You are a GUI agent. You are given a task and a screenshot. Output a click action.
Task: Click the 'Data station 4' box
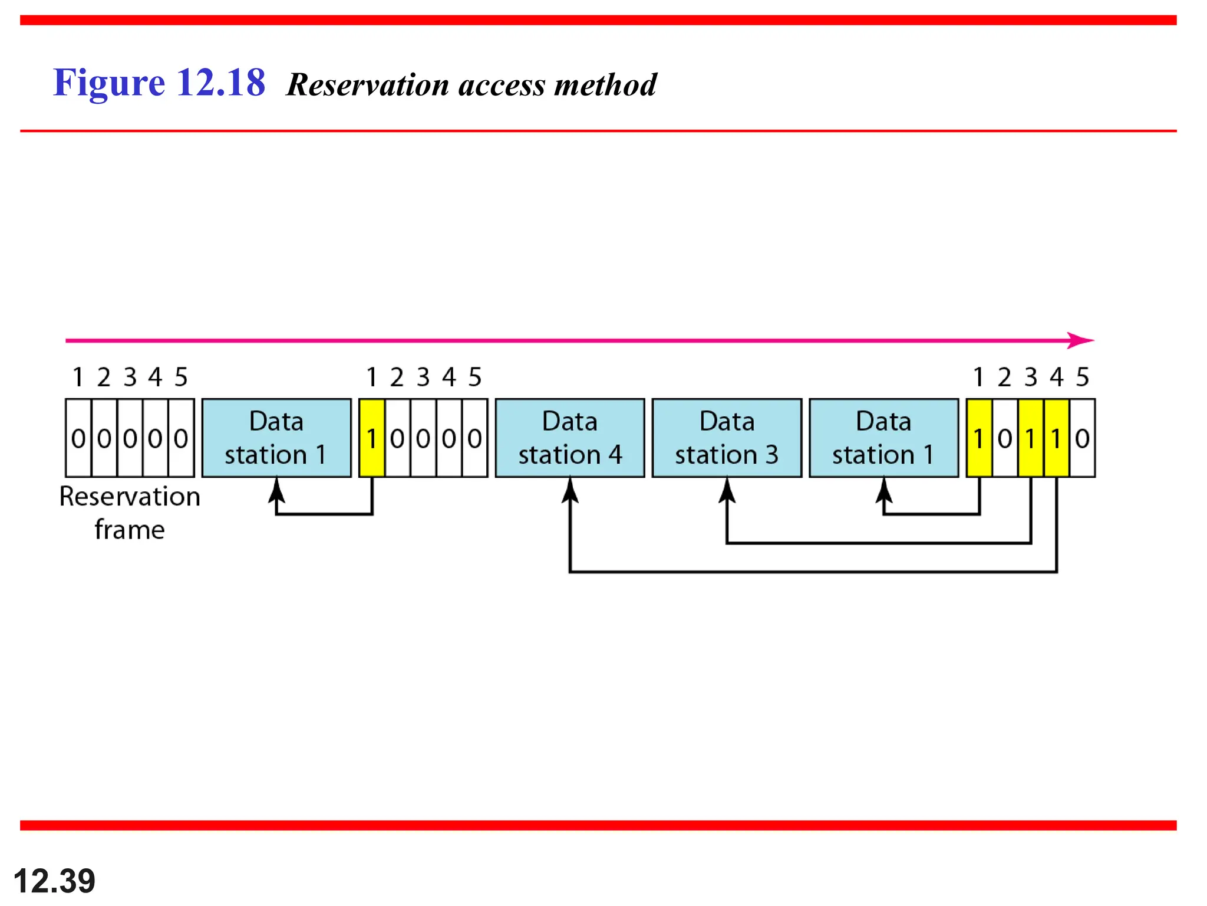pyautogui.click(x=569, y=438)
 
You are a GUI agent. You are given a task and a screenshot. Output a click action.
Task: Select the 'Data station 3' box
pyautogui.click(x=726, y=438)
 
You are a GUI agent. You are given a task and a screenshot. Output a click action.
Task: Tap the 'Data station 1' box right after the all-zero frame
pyautogui.click(x=276, y=438)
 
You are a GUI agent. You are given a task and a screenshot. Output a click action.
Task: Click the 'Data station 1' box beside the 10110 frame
pyautogui.click(x=883, y=438)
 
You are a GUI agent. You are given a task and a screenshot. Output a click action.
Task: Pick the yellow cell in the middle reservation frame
pyautogui.click(x=371, y=438)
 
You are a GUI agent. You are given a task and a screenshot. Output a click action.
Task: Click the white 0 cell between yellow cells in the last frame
pyautogui.click(x=1005, y=438)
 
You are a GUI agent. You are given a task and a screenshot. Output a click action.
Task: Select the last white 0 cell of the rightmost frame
pyautogui.click(x=1082, y=438)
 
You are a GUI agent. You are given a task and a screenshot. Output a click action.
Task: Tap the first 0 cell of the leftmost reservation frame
pyautogui.click(x=78, y=438)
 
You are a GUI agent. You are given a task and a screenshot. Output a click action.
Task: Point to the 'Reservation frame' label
pyautogui.click(x=130, y=513)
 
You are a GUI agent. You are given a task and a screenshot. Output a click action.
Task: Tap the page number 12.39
pyautogui.click(x=54, y=881)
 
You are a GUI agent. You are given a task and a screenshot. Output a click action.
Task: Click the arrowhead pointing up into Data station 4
pyautogui.click(x=570, y=490)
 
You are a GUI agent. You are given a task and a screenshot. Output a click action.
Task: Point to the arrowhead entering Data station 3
pyautogui.click(x=727, y=490)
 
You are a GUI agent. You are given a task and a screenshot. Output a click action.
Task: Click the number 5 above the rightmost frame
pyautogui.click(x=1082, y=377)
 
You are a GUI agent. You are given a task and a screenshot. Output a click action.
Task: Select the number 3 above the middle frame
pyautogui.click(x=423, y=377)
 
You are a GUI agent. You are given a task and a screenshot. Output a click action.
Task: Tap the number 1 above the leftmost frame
pyautogui.click(x=78, y=377)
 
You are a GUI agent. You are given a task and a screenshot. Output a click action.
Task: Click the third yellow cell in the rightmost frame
pyautogui.click(x=1056, y=438)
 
